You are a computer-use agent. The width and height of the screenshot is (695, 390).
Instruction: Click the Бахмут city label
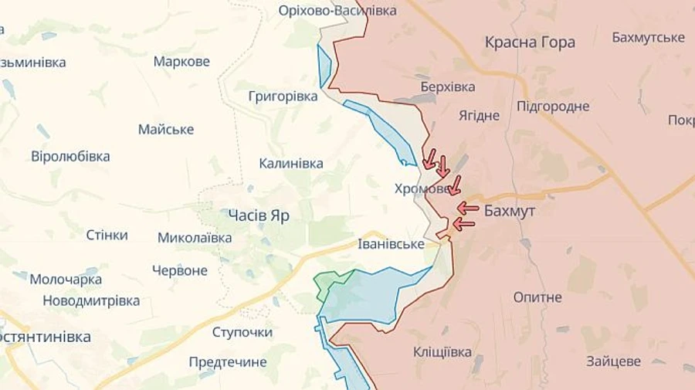(x=510, y=210)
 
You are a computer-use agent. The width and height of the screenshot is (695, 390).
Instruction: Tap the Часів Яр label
(x=259, y=215)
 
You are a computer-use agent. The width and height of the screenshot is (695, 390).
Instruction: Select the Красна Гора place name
(x=530, y=42)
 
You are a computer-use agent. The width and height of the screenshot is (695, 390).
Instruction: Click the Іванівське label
(x=391, y=244)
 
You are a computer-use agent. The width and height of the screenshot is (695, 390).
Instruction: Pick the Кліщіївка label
(x=442, y=352)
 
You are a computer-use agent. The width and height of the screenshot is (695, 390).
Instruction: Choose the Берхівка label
(x=448, y=87)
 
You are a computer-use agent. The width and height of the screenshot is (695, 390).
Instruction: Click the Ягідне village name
(x=479, y=115)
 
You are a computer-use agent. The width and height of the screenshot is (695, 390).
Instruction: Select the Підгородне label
(x=553, y=107)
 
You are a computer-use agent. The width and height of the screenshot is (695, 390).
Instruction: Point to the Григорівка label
(x=283, y=97)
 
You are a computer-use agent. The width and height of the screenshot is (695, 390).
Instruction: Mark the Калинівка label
(x=291, y=163)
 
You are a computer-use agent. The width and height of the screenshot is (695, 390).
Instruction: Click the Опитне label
(x=537, y=297)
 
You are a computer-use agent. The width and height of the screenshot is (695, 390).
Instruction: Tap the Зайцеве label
(x=613, y=361)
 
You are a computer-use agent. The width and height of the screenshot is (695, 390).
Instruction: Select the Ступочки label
(x=242, y=332)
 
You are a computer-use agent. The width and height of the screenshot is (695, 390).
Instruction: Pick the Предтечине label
(x=228, y=362)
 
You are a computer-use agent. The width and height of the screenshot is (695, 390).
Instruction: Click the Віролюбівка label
(x=70, y=156)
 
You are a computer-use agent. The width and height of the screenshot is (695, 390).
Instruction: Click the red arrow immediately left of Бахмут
(x=467, y=208)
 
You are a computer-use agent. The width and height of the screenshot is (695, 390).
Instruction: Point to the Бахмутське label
(x=648, y=37)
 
